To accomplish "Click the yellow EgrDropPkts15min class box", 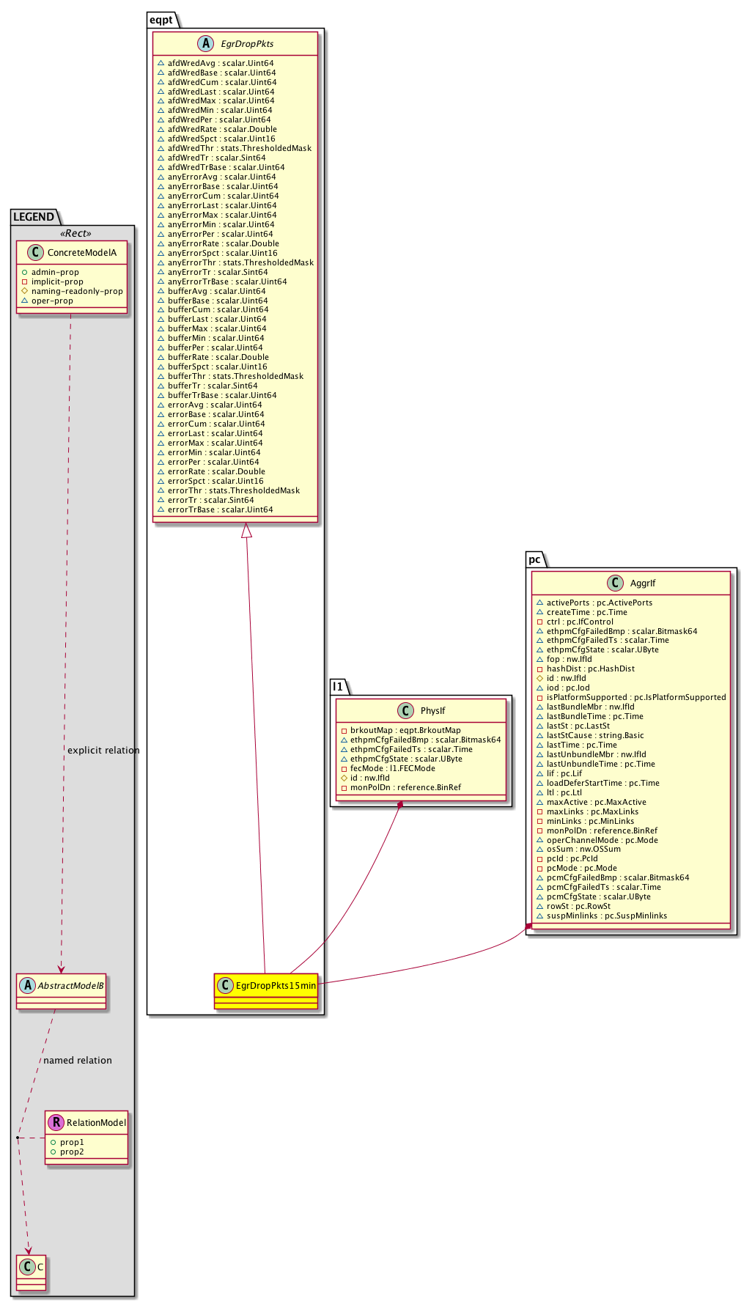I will click(267, 990).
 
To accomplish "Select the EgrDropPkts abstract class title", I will click(247, 44).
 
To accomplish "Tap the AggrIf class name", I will click(642, 583).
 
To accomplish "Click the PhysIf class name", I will click(432, 711).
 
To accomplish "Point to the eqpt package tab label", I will click(161, 20).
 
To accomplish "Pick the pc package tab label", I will click(535, 559).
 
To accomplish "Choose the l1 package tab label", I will click(337, 687).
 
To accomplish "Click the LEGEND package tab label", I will click(34, 217).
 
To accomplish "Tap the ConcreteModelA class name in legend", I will click(81, 253).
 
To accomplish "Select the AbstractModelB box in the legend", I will click(62, 990).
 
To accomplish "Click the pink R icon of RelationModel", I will click(55, 1122).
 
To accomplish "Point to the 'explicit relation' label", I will click(103, 751).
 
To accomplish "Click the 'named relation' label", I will click(78, 1061).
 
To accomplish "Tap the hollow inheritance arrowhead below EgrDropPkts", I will click(247, 530).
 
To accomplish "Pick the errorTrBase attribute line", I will click(221, 509).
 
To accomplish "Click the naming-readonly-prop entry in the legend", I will click(77, 291).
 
